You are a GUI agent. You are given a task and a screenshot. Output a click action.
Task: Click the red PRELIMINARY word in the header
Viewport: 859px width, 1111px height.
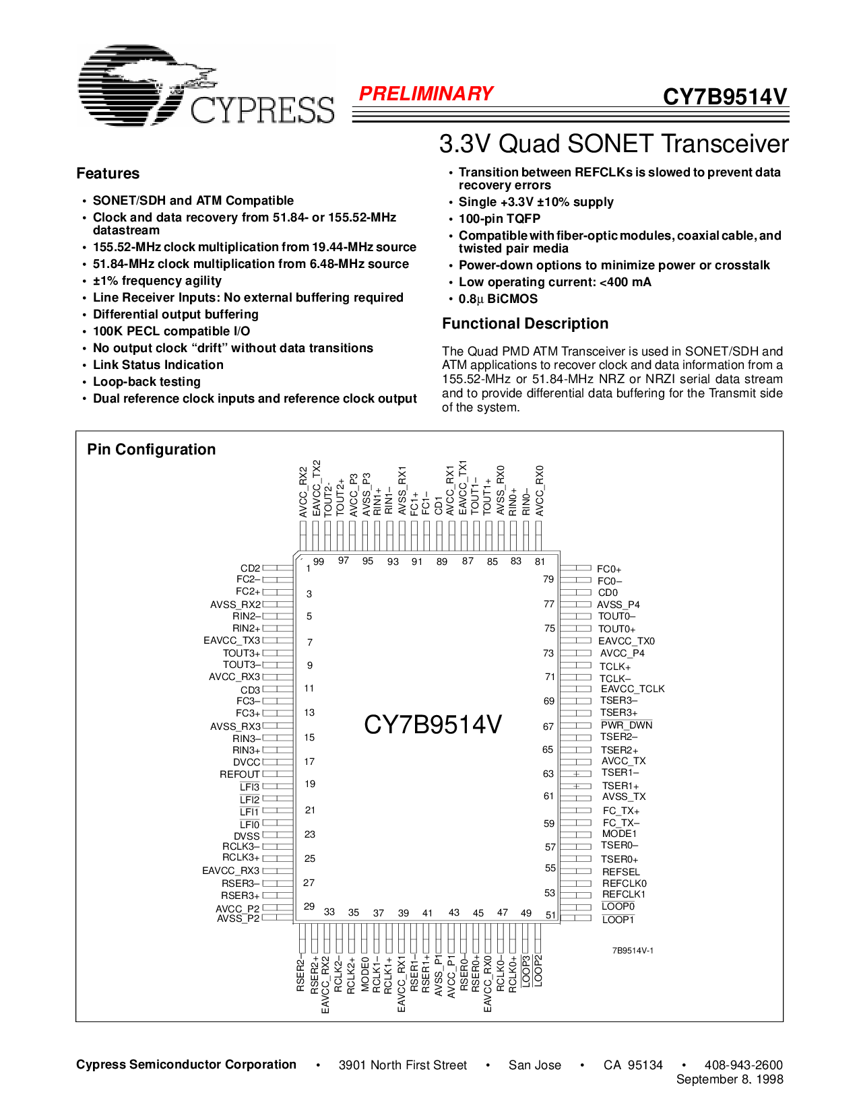pos(426,94)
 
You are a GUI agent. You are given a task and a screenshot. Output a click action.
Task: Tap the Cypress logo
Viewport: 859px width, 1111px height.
pos(205,86)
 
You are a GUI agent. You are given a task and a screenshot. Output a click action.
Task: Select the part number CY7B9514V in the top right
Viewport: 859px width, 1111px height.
pos(725,97)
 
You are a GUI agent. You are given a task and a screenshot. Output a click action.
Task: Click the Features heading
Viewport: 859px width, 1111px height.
pos(108,174)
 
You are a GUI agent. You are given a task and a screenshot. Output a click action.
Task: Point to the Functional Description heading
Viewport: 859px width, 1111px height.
pos(525,324)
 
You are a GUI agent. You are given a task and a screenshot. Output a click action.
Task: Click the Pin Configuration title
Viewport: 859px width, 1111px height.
pos(152,450)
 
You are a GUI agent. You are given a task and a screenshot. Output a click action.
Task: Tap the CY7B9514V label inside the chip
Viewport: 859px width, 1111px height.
pos(433,725)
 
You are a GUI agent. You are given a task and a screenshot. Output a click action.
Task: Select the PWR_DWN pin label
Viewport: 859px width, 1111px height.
pos(627,725)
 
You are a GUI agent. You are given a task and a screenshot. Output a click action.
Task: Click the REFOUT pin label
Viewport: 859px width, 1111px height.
pos(239,774)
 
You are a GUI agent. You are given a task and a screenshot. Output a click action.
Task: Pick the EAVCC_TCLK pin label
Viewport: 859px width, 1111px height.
pos(633,689)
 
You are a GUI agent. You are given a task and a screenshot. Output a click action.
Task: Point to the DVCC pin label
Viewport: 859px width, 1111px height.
pos(247,762)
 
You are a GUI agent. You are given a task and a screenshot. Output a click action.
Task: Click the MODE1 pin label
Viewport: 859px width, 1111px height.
pos(619,834)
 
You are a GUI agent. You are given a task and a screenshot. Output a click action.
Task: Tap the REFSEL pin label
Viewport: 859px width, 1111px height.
pos(621,872)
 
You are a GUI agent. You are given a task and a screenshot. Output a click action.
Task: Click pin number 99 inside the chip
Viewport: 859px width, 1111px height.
pos(319,562)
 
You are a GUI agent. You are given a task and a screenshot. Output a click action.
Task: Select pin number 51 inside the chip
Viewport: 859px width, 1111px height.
pos(551,915)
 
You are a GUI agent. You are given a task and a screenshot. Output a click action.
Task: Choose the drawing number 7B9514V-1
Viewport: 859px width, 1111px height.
pos(633,951)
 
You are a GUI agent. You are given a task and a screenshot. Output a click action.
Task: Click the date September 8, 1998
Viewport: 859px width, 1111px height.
pos(730,1079)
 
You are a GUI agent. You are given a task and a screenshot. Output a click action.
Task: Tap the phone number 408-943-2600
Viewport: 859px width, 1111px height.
pos(743,1065)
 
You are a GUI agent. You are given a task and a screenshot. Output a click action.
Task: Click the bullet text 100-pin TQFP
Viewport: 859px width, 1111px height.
pos(499,219)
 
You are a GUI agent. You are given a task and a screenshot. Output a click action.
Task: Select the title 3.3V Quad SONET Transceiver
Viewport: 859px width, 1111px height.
pos(614,144)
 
